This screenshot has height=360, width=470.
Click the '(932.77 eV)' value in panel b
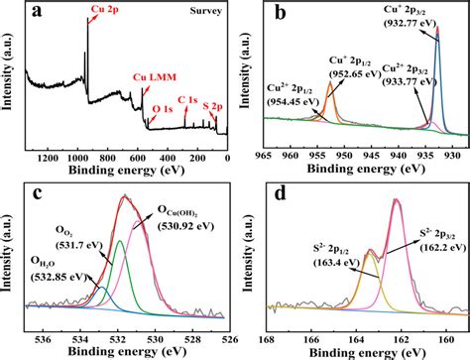click(x=432, y=23)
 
